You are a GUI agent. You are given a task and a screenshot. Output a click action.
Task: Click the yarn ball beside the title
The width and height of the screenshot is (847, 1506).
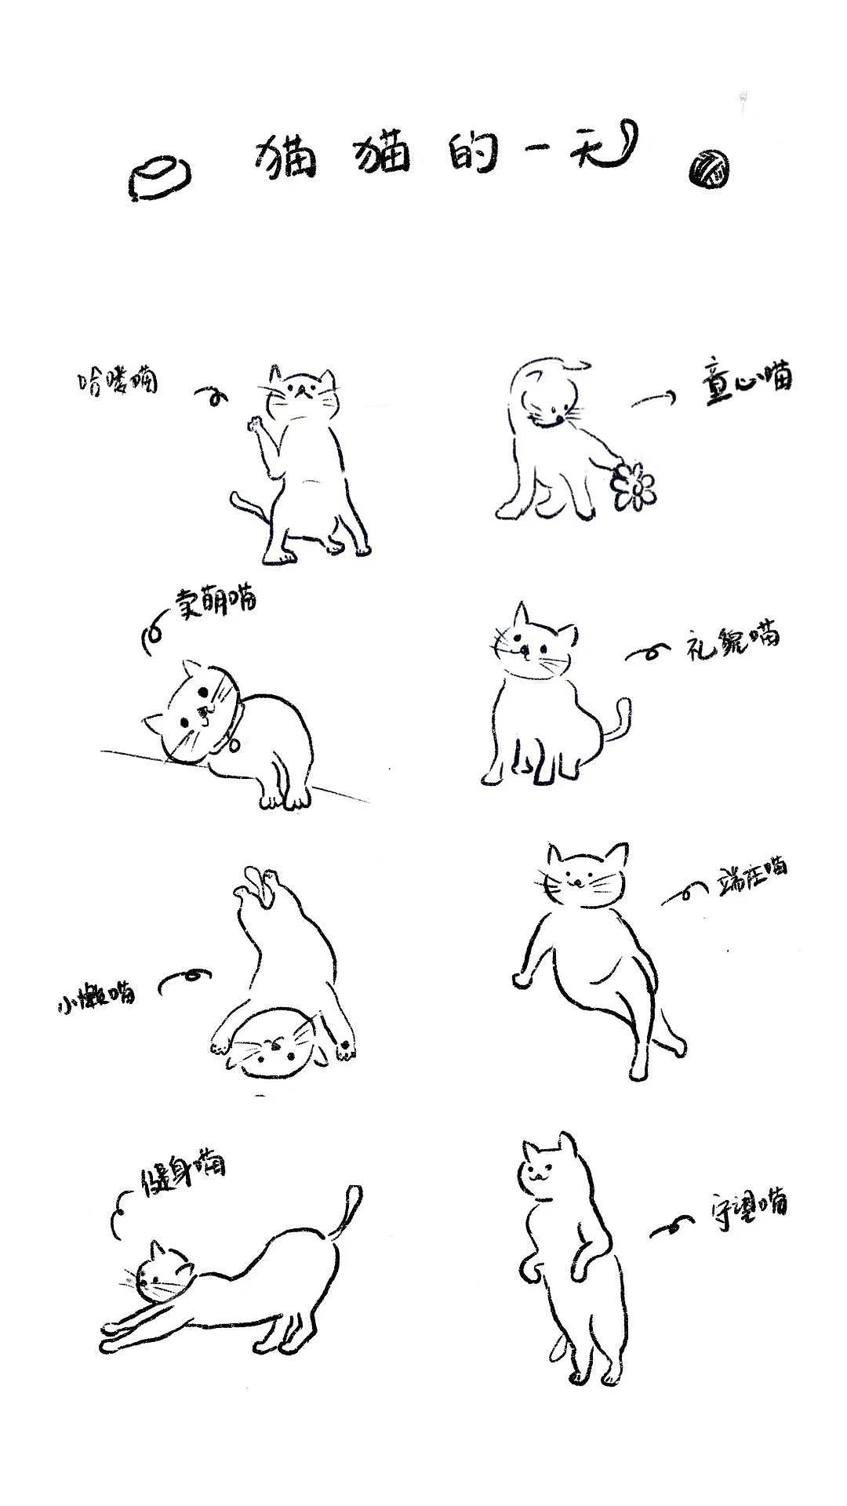(709, 169)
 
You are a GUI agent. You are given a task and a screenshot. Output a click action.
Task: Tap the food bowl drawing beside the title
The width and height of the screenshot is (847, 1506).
(160, 179)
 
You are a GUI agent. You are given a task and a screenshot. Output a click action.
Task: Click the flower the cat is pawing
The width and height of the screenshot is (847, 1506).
(634, 486)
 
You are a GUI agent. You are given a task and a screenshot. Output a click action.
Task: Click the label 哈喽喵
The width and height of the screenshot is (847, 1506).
(117, 382)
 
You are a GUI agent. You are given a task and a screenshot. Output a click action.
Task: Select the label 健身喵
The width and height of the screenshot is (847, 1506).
(183, 1170)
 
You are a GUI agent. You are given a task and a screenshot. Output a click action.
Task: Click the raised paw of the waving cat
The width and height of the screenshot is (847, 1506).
(253, 424)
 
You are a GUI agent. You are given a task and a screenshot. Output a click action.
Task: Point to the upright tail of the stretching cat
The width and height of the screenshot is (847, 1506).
(349, 1212)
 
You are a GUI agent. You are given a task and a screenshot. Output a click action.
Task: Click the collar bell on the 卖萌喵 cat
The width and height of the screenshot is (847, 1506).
(234, 744)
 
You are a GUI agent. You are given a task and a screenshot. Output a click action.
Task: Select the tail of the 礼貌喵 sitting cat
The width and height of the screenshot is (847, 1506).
(619, 722)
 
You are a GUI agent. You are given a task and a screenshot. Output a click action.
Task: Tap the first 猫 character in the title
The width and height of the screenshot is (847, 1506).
(285, 157)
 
